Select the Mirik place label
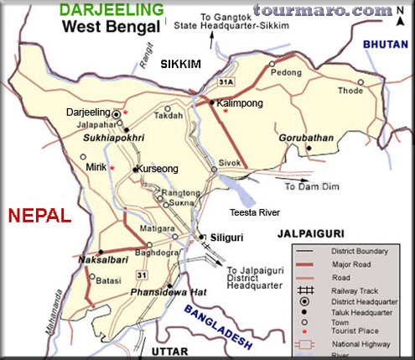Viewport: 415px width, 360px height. tap(96, 167)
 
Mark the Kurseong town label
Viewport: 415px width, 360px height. tap(158, 169)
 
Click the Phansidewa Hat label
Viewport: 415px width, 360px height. tap(161, 291)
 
